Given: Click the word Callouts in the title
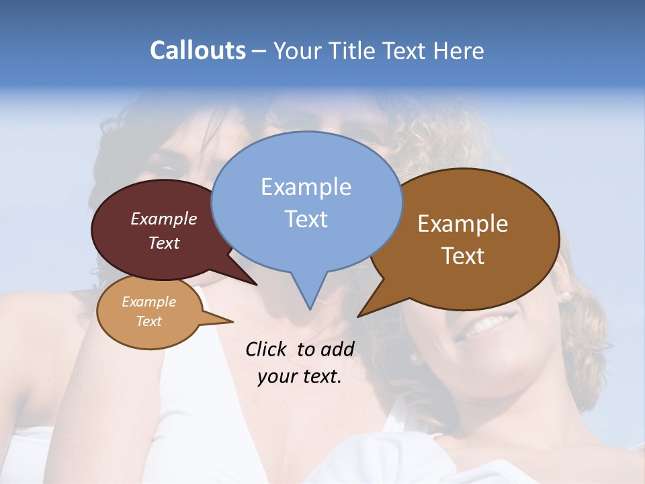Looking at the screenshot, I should pos(198,50).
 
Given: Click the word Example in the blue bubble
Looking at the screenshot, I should pos(306,187).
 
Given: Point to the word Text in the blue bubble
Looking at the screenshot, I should pos(306,219).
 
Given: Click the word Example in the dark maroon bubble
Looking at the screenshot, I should pos(163,218).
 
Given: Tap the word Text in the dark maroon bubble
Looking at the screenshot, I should pos(163,243).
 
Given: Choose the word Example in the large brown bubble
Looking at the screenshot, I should pos(463,224).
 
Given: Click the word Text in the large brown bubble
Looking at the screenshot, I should pos(463,256).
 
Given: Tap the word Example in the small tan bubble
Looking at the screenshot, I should pos(148,302).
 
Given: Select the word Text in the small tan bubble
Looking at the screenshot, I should pos(148,321).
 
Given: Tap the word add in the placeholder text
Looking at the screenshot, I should pos(337,349).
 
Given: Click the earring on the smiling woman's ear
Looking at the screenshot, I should pos(565,296).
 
